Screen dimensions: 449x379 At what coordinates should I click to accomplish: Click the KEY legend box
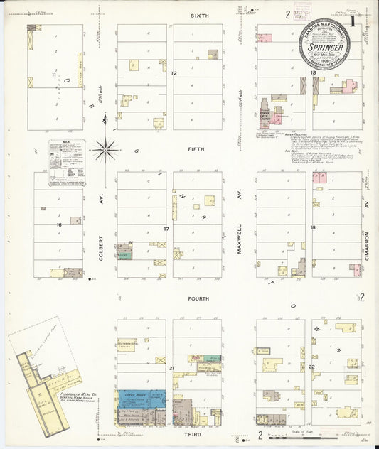click(x=67, y=163)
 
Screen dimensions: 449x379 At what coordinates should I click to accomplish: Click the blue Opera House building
click(x=141, y=396)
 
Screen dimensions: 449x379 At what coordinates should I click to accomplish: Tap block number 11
click(x=53, y=74)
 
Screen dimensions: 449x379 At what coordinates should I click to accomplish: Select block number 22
click(x=311, y=366)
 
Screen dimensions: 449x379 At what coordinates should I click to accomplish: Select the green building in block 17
click(x=125, y=251)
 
